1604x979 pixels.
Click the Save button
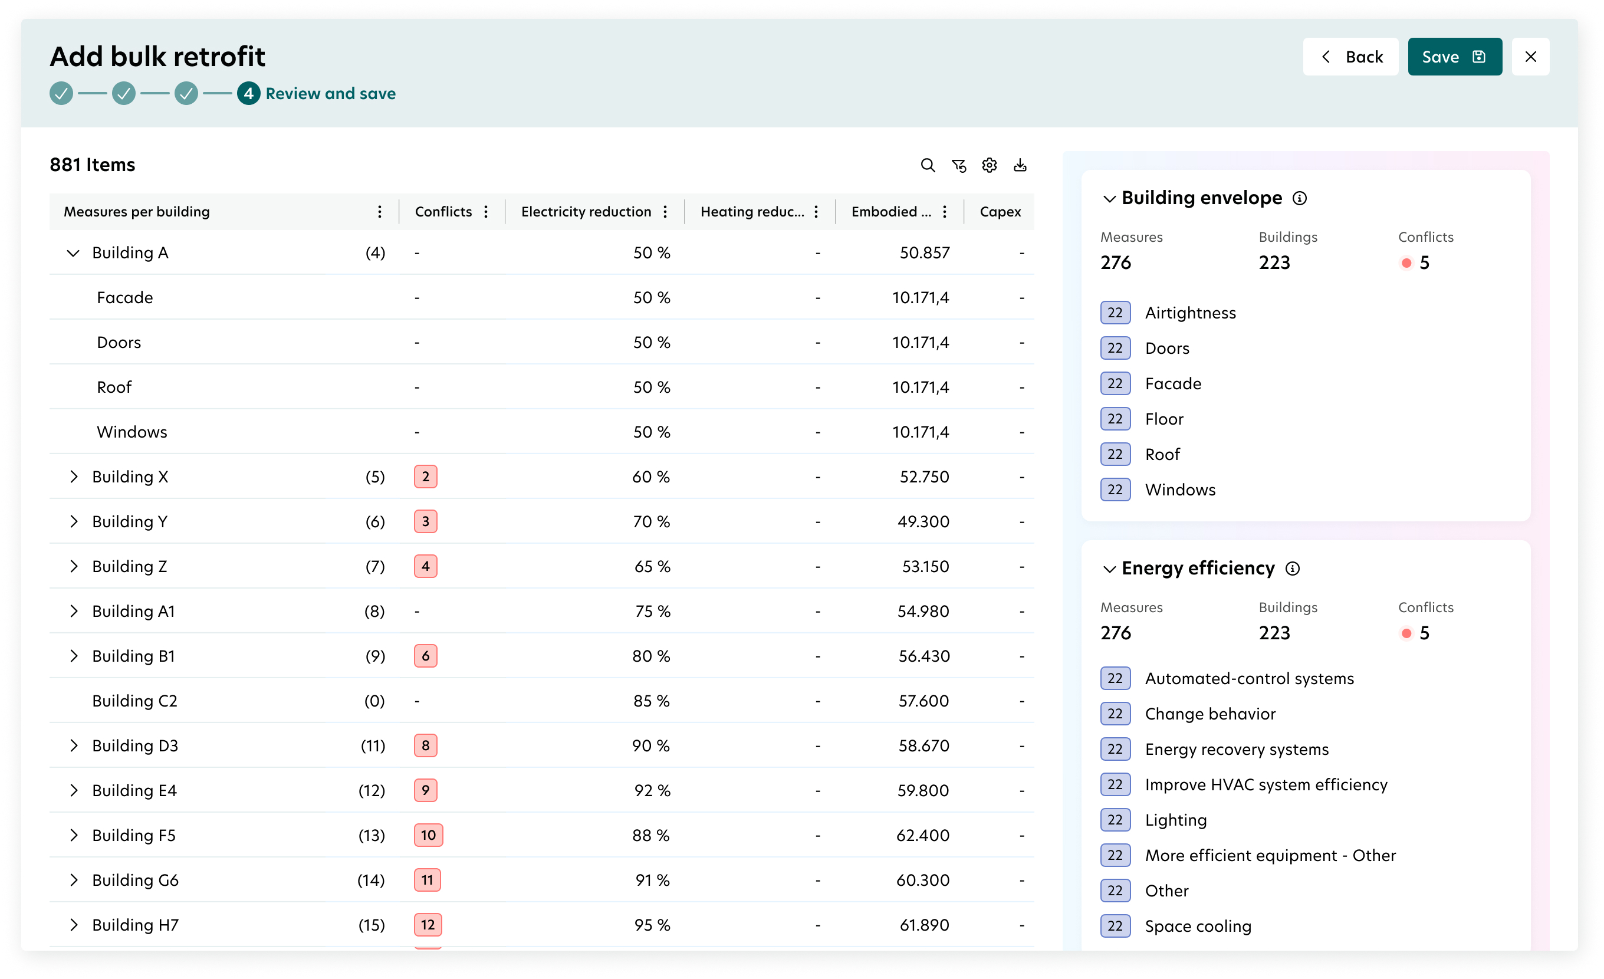(x=1454, y=57)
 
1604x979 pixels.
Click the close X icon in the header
(x=1530, y=57)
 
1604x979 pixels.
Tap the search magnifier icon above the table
(x=928, y=165)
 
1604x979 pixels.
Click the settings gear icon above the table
(x=990, y=165)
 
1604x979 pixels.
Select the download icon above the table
(x=1020, y=165)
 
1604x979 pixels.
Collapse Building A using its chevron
(x=73, y=252)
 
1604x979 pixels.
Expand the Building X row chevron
(x=74, y=477)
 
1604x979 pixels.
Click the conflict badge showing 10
(x=428, y=835)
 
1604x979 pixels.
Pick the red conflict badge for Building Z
(x=426, y=566)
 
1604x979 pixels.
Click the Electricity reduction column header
(x=586, y=212)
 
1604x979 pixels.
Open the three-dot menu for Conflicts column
(x=486, y=212)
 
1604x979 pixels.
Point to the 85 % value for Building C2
(x=652, y=701)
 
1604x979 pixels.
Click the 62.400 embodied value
(x=922, y=835)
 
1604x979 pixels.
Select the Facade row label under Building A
(x=125, y=297)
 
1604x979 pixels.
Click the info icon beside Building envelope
(x=1299, y=198)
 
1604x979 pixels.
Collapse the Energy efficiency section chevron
(x=1109, y=569)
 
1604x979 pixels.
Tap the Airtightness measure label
(x=1191, y=313)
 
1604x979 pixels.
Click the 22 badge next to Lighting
(x=1115, y=820)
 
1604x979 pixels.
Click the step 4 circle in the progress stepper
(x=248, y=94)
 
